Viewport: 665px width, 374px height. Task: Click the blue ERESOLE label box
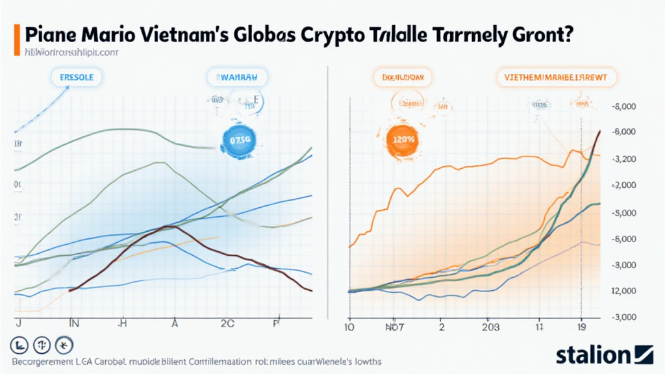pos(77,77)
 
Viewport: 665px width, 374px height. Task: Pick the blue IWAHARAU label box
pos(237,77)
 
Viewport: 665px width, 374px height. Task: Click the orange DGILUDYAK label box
pos(403,77)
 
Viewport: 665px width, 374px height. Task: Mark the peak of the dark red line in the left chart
pos(168,226)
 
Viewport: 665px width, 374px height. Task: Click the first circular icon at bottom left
pos(19,345)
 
